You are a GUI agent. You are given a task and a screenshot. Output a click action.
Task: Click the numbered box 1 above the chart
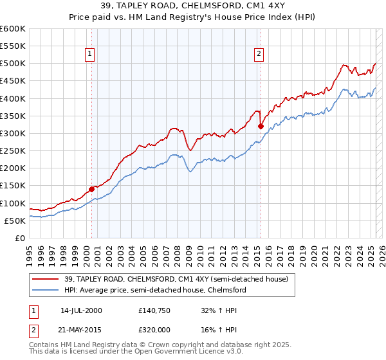[x=89, y=55]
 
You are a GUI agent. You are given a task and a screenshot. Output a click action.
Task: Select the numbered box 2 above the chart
[x=259, y=55]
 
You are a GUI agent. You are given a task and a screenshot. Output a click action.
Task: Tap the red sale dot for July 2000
[x=91, y=189]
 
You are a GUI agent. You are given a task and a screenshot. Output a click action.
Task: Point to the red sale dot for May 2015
[x=261, y=127]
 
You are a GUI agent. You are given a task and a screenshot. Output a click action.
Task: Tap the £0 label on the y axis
[x=19, y=238]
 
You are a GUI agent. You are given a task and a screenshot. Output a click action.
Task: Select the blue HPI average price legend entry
[x=155, y=290]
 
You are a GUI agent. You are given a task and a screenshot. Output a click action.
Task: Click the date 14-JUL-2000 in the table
[x=81, y=310]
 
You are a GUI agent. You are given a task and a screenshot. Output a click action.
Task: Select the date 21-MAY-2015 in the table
[x=81, y=329]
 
